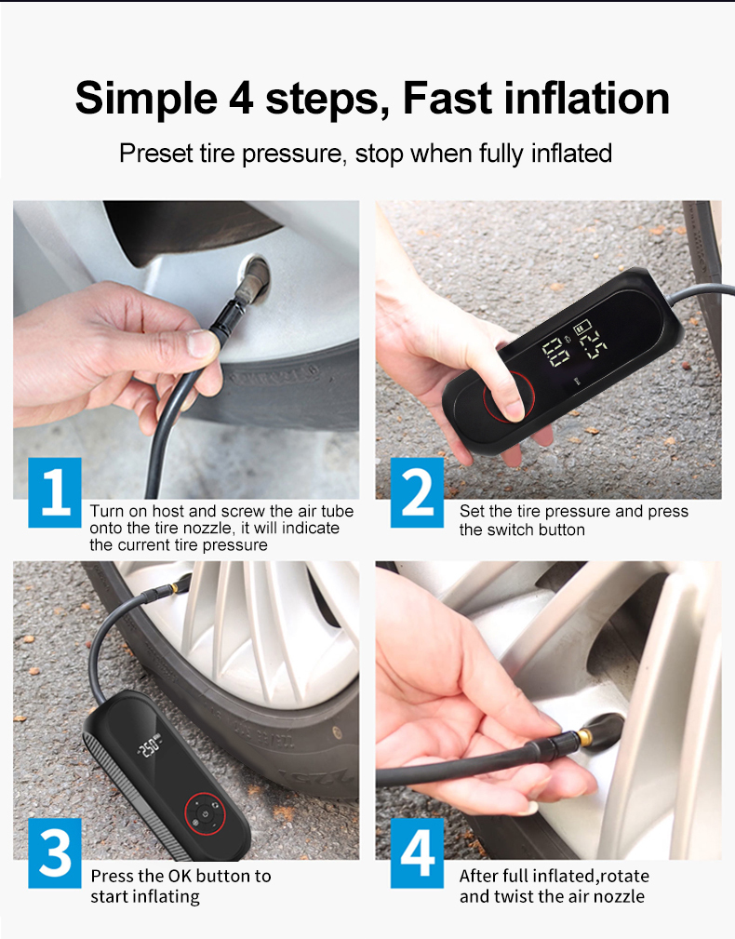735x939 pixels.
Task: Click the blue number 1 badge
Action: point(55,492)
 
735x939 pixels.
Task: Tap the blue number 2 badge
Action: point(417,492)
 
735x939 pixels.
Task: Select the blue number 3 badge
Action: point(55,852)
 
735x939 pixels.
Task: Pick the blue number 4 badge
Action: point(417,852)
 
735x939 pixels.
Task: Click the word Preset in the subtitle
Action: point(155,154)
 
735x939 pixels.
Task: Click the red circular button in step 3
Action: point(206,814)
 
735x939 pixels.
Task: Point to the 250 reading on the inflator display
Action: point(149,746)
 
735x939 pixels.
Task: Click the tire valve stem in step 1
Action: point(251,282)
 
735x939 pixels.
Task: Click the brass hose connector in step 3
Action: point(175,587)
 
